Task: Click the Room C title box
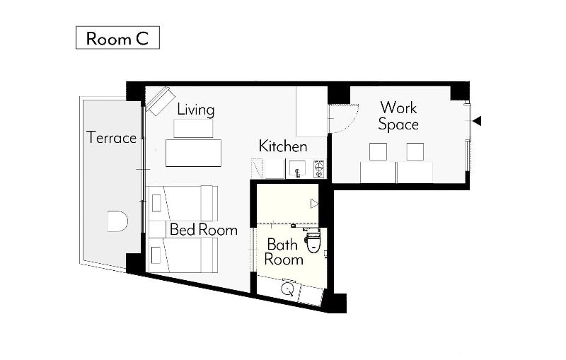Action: [117, 37]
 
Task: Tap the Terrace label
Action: [112, 138]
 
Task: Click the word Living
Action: [196, 110]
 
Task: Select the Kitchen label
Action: [283, 146]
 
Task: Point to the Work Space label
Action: [398, 116]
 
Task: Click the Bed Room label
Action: [204, 230]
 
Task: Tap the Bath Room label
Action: [284, 252]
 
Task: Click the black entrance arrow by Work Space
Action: [477, 121]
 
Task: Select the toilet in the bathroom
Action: [313, 241]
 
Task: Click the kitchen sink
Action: [297, 169]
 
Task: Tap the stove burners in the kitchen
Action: [319, 169]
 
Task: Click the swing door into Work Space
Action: [343, 119]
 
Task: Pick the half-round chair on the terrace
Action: [117, 221]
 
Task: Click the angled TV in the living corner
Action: [161, 100]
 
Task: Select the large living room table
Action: [193, 153]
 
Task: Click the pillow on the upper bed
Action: [156, 203]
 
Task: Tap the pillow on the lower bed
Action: [156, 255]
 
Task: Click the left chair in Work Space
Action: [378, 151]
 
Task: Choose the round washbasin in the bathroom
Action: [288, 289]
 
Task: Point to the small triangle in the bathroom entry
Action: [314, 204]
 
